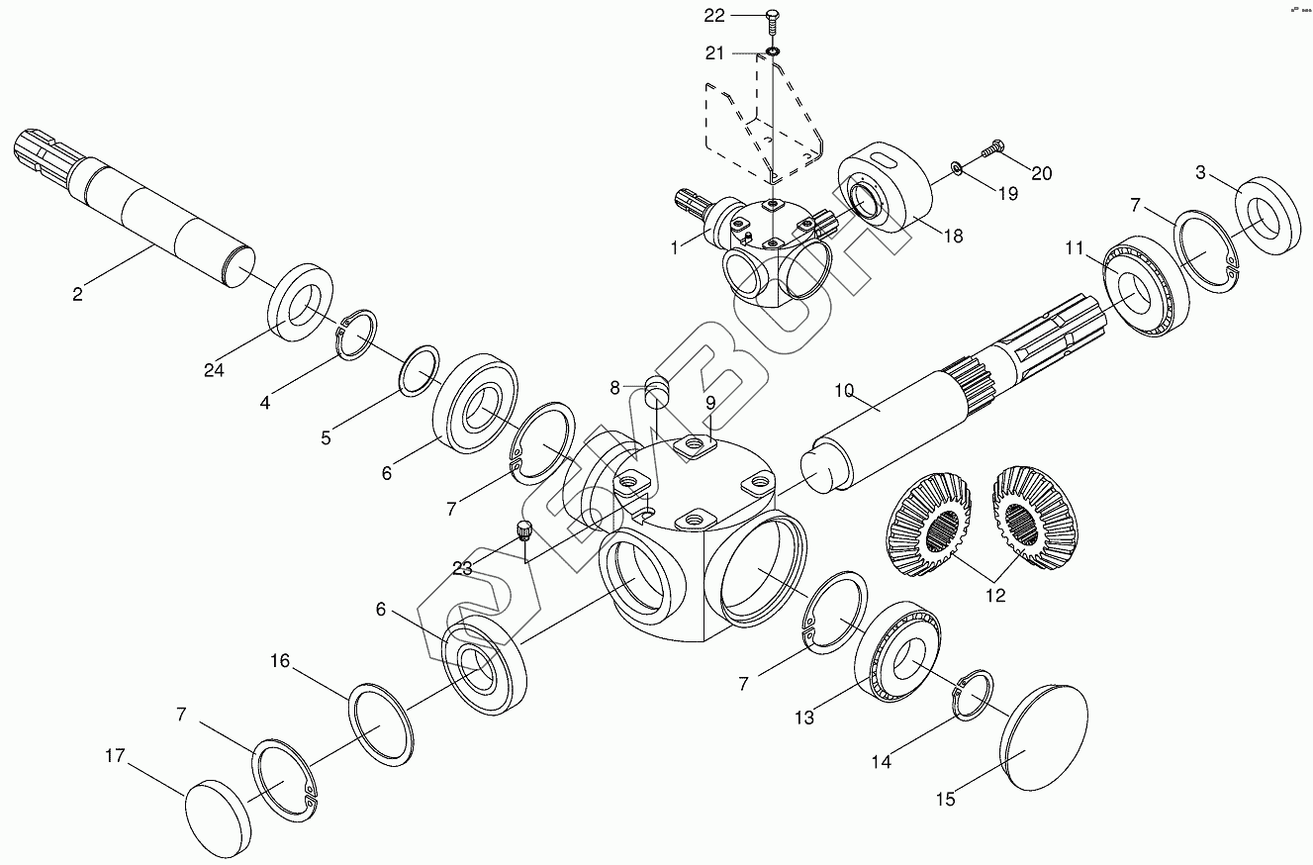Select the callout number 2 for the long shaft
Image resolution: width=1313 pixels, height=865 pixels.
[x=78, y=293]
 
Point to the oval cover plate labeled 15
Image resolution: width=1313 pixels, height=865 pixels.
[x=1046, y=737]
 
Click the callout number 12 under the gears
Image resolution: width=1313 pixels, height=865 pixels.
[x=995, y=595]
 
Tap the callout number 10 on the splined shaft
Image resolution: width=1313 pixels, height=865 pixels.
[x=843, y=391]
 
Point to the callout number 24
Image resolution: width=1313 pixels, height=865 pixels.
[x=215, y=370]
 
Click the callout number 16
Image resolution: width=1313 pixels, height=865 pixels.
[x=281, y=660]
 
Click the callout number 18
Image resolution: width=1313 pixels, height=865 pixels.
[x=953, y=237]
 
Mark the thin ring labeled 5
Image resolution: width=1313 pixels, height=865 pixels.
[x=420, y=370]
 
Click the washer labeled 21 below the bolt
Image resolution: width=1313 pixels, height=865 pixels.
[x=772, y=51]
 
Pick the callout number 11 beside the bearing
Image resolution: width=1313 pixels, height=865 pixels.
[x=1076, y=249]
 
